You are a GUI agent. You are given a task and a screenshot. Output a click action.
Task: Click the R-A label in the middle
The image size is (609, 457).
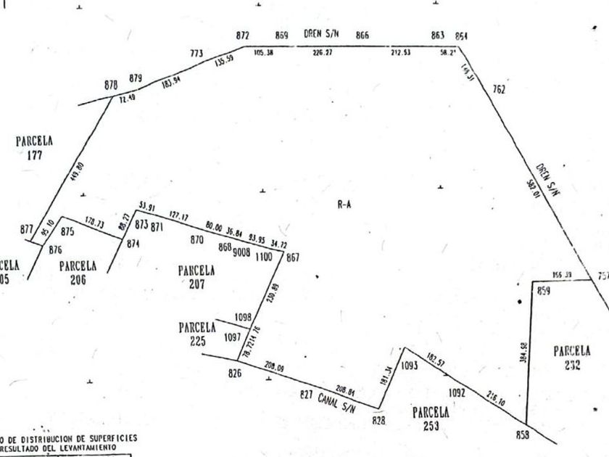(x=344, y=205)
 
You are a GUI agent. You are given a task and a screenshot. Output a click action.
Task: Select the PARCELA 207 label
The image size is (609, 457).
(x=196, y=277)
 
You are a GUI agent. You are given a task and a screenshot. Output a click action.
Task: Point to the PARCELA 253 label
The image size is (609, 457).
(x=431, y=418)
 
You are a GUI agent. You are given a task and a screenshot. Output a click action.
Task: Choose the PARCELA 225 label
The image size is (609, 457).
(x=197, y=334)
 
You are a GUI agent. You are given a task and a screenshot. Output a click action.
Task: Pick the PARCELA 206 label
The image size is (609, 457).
(x=78, y=272)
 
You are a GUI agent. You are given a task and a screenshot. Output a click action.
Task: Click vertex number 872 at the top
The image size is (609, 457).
(x=243, y=36)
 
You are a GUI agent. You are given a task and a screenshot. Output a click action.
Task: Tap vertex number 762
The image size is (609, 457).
(x=499, y=90)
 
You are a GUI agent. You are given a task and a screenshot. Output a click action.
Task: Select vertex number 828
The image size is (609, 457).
(x=378, y=420)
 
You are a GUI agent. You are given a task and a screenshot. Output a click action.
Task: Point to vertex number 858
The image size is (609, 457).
(x=523, y=435)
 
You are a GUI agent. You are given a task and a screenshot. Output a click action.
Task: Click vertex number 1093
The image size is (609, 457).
(x=410, y=366)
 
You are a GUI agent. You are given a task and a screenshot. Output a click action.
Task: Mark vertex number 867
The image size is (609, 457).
(x=293, y=257)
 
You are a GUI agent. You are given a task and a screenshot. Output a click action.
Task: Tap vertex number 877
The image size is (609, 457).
(x=27, y=229)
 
